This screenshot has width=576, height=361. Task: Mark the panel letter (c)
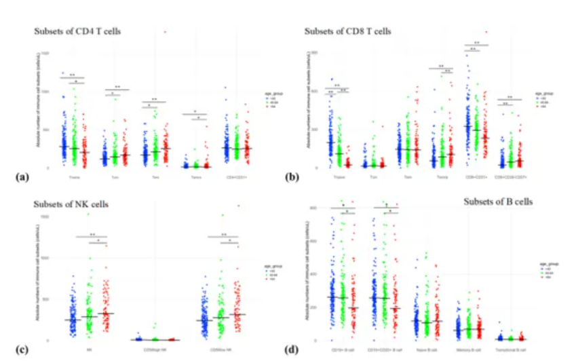(x=22, y=349)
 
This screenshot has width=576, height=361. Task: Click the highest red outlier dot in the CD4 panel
(x=164, y=32)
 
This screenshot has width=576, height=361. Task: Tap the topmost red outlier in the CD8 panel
(x=486, y=32)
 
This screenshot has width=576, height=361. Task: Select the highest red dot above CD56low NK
(x=239, y=206)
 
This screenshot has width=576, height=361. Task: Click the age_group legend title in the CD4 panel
(x=271, y=95)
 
